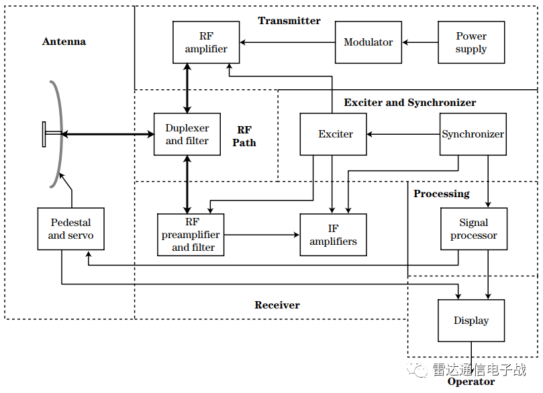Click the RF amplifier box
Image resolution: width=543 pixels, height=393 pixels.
pos(206,42)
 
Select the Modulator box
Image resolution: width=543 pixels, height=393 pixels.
pos(368,42)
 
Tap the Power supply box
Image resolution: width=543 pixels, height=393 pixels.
pos(471,42)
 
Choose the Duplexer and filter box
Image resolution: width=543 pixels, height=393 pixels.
pos(187,134)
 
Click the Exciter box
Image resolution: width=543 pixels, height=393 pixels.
pos(335,134)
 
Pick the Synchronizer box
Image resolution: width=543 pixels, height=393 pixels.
pos(473,134)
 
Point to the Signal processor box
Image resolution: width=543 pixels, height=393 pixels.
pos(473,229)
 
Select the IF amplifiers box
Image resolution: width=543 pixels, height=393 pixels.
pos(333,235)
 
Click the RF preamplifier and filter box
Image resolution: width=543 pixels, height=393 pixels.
pos(191,235)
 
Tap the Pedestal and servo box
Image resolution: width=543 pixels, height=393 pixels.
pos(70,229)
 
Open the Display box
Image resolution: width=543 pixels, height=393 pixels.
pos(471,321)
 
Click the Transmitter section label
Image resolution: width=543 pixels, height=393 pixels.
pos(289,21)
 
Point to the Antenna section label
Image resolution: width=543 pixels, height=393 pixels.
pos(64,42)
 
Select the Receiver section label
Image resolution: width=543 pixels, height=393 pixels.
pos(277,305)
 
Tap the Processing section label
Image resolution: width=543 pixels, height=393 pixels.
pos(441,194)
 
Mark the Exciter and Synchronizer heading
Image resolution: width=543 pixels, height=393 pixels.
pos(409,103)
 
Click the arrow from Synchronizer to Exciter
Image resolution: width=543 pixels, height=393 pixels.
pos(403,135)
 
